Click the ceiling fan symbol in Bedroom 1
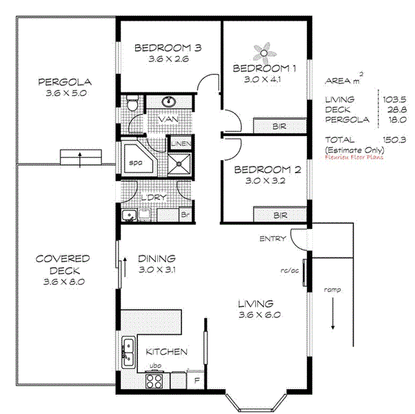(x=264, y=52)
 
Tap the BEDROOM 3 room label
(x=168, y=48)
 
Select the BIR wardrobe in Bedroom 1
(x=280, y=126)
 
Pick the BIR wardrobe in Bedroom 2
(x=280, y=215)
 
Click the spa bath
(x=136, y=162)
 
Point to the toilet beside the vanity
(x=133, y=103)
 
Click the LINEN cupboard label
(x=179, y=144)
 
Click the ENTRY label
(x=272, y=239)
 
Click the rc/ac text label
(x=288, y=270)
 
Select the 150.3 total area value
(x=395, y=139)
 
